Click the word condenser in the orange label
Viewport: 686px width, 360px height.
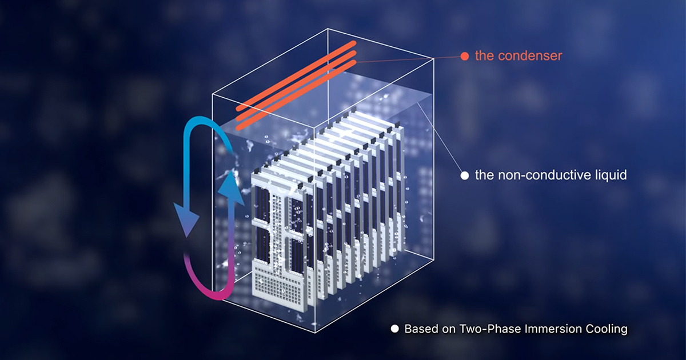[x=530, y=56]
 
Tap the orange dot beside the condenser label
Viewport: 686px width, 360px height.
[x=465, y=56]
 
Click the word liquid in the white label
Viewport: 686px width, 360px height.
[x=609, y=175]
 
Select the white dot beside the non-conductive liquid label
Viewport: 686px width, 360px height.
[x=465, y=175]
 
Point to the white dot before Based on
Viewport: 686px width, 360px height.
[x=394, y=329]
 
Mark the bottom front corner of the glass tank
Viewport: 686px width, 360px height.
[x=315, y=333]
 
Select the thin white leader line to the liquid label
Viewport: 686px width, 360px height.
[x=440, y=137]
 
